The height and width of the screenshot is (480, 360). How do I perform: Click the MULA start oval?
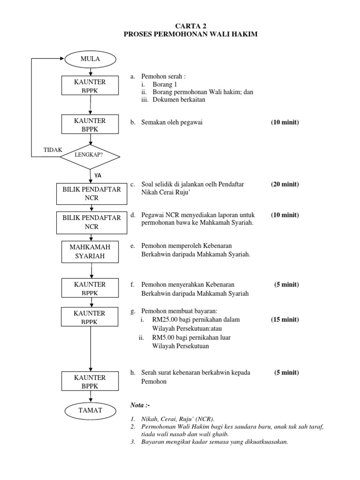[90, 59]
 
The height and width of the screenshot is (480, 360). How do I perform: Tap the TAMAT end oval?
[90, 410]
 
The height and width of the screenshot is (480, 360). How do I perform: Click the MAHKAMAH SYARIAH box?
[90, 252]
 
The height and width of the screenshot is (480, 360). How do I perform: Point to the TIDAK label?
[52, 150]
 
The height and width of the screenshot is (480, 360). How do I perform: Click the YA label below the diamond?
[97, 175]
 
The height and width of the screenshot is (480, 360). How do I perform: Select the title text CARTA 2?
[190, 26]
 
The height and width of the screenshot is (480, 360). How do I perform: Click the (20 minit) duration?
[285, 184]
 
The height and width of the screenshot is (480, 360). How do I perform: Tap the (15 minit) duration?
[285, 320]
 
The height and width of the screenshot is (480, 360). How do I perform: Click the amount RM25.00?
[164, 320]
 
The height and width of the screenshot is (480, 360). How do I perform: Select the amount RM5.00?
[163, 337]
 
